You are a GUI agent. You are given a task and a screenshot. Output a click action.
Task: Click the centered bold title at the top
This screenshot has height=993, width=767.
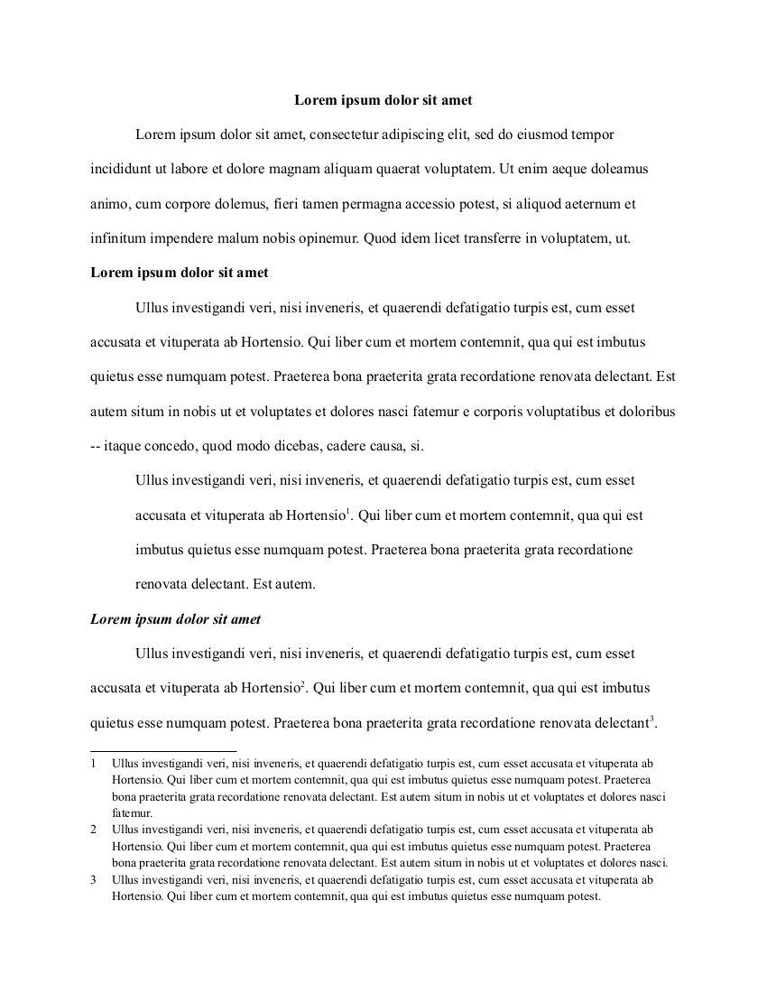pyautogui.click(x=383, y=100)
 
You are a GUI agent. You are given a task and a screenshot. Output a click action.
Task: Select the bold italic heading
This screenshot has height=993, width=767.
pyautogui.click(x=176, y=619)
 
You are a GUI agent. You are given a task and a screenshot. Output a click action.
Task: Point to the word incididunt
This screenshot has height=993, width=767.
pyautogui.click(x=121, y=169)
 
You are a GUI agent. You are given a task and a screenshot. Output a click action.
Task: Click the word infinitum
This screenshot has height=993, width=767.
pyautogui.click(x=117, y=239)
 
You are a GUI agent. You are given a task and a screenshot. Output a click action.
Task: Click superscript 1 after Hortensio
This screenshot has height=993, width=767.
pyautogui.click(x=348, y=512)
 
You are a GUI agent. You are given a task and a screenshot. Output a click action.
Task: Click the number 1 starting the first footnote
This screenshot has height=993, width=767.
pyautogui.click(x=94, y=764)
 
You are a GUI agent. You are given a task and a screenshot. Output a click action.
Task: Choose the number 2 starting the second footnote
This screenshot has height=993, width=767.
pyautogui.click(x=94, y=829)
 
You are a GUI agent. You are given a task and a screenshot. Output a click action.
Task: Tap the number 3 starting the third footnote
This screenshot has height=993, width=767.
pyautogui.click(x=94, y=880)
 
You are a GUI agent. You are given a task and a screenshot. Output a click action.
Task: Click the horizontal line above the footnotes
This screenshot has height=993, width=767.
pyautogui.click(x=163, y=750)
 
